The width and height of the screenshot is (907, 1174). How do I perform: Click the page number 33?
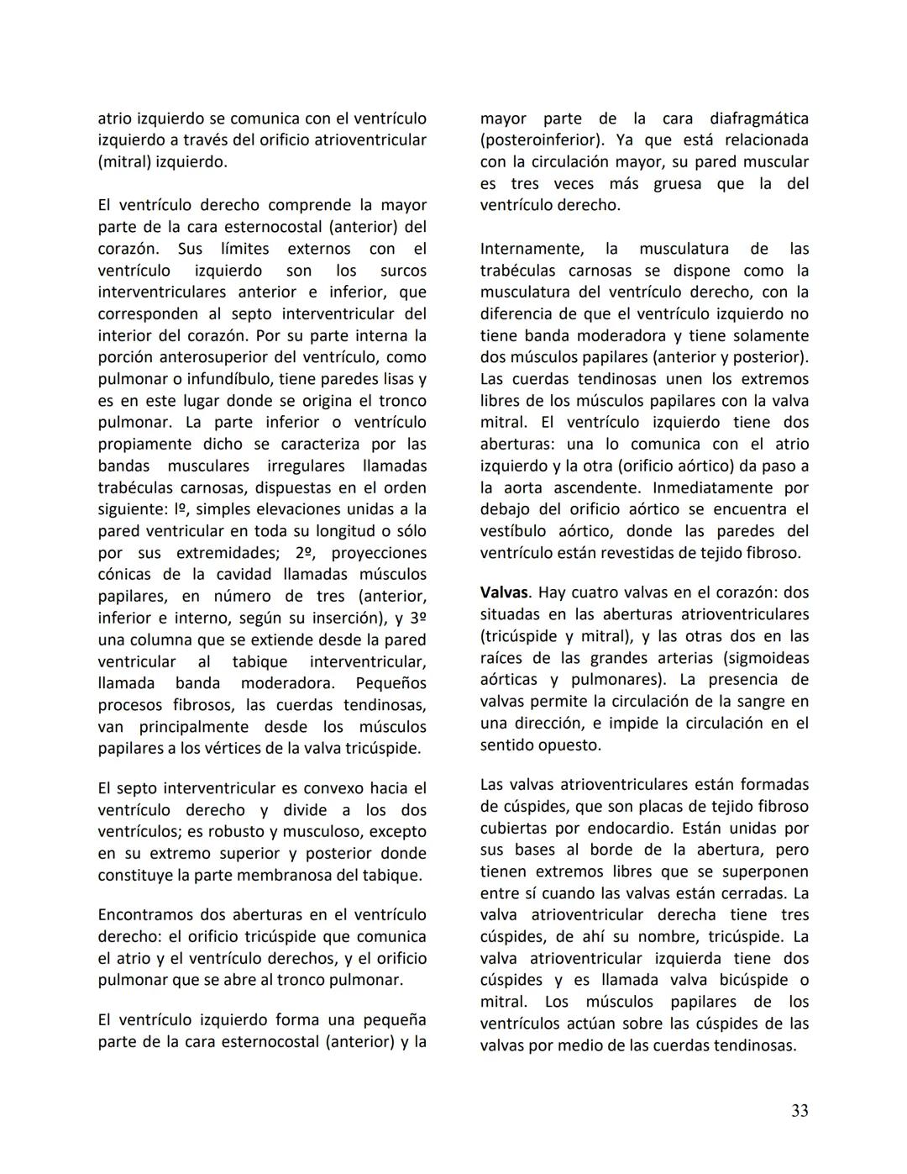point(800,1110)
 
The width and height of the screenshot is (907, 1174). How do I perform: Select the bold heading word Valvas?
point(506,592)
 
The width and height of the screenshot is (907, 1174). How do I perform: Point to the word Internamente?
point(532,249)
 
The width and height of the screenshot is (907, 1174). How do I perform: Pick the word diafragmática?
point(759,118)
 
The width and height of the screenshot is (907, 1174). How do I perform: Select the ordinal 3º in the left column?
point(418,619)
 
